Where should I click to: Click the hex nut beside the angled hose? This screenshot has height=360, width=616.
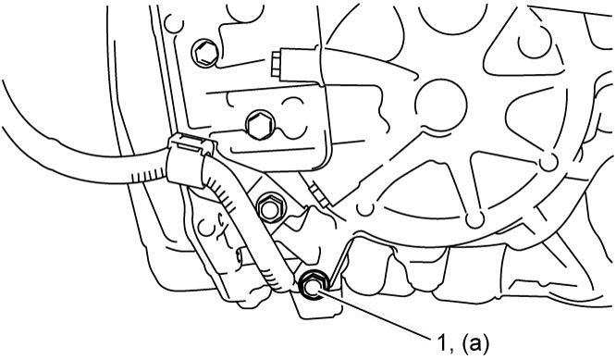pos(271,208)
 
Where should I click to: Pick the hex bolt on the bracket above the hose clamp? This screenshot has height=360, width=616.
pos(259,125)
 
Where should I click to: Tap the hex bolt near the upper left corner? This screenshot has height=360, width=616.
pos(205,53)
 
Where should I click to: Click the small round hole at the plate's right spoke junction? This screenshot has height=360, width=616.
pos(548,162)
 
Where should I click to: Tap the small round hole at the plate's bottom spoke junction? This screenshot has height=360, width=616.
pos(474,219)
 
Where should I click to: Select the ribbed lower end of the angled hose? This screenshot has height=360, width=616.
pos(277,277)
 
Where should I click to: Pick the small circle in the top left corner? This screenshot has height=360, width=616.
pos(174,24)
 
